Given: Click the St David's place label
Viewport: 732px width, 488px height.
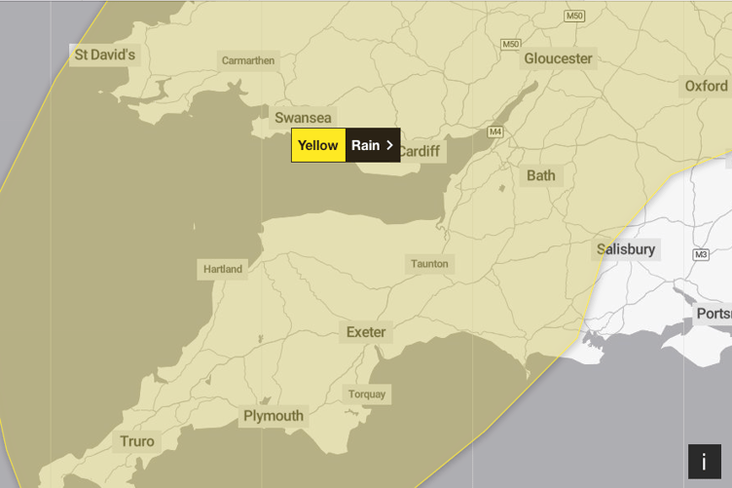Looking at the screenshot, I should click(x=104, y=55).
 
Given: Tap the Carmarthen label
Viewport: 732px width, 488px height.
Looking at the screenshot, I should click(x=248, y=60).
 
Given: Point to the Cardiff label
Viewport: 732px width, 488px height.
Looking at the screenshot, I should click(x=419, y=151).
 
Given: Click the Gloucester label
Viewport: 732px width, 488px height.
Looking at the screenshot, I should click(x=558, y=58).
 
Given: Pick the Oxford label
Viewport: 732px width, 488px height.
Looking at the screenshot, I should click(x=706, y=86).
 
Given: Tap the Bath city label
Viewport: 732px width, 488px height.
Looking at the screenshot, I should click(x=540, y=175).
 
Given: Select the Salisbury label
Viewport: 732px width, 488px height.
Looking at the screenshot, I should click(x=626, y=249).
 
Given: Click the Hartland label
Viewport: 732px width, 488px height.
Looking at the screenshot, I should click(x=223, y=269).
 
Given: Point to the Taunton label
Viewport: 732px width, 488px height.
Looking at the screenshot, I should click(x=429, y=264).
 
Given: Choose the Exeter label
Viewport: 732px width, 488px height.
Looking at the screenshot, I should click(x=366, y=332).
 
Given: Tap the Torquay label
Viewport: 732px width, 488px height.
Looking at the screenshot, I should click(x=367, y=394).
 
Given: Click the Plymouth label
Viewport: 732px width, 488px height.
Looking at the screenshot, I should click(x=274, y=416).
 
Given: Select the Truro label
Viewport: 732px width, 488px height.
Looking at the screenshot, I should click(x=137, y=441).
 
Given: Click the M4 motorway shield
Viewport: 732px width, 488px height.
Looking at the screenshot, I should click(x=495, y=131).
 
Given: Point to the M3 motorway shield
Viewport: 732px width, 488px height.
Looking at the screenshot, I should click(x=700, y=255).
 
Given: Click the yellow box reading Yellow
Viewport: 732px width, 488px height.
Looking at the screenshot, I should click(x=318, y=145).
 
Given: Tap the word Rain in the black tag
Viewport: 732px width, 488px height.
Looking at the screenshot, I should click(x=365, y=145).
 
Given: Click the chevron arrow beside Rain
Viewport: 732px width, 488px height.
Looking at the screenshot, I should click(x=389, y=145).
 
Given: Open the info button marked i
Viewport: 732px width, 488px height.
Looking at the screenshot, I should click(x=704, y=462).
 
